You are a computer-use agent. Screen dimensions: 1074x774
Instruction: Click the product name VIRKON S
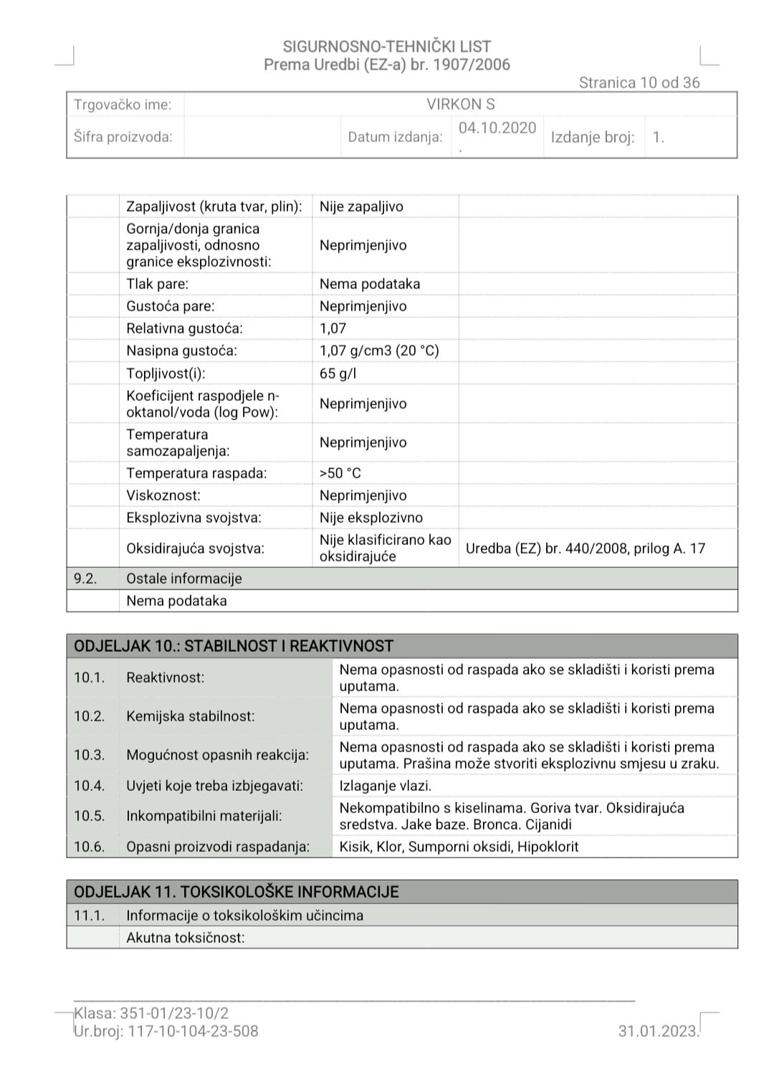tap(460, 105)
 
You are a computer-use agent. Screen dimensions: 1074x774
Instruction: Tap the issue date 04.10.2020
tap(497, 128)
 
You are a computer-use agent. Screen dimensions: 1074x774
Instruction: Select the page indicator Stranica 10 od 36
tap(639, 82)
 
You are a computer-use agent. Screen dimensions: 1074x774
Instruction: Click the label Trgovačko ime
tap(123, 105)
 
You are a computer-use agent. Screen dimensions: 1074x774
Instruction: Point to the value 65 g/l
tap(338, 374)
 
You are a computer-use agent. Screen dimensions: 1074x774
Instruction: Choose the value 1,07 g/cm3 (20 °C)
tap(379, 351)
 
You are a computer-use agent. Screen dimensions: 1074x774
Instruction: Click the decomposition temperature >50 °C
tap(340, 473)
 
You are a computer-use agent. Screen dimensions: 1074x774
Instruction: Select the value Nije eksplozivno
tap(371, 518)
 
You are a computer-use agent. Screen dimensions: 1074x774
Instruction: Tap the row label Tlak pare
tap(158, 284)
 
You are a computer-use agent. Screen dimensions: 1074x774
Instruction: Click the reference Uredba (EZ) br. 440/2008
tap(547, 548)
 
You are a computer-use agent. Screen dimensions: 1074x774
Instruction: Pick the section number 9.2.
tap(85, 579)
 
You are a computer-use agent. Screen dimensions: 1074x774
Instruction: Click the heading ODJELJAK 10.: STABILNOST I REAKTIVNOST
tap(234, 646)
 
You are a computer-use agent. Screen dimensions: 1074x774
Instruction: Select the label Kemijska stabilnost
tap(190, 716)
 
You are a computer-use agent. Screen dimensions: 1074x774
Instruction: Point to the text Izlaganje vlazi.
tap(386, 786)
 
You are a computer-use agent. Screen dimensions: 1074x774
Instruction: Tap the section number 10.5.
tap(89, 816)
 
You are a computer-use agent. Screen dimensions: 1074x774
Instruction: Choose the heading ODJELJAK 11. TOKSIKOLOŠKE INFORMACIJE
tap(236, 892)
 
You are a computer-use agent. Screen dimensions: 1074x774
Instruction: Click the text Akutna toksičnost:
tap(186, 938)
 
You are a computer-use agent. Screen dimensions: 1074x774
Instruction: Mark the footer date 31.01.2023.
tap(658, 1031)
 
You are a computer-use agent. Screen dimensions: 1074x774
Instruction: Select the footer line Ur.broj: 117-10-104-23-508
tap(166, 1031)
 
